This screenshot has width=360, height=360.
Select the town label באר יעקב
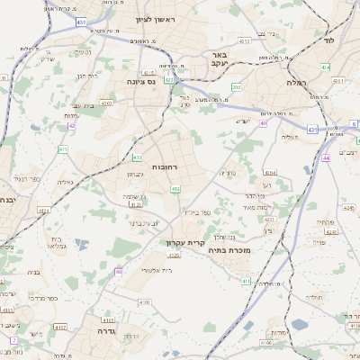(x=241, y=60)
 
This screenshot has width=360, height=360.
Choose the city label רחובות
(x=164, y=167)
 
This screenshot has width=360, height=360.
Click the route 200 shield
(x=238, y=87)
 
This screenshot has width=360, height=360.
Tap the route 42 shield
(x=72, y=126)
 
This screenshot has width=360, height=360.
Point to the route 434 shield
(x=325, y=67)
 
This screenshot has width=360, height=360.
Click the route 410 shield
(x=63, y=148)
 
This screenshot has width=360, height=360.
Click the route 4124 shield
(x=44, y=211)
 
